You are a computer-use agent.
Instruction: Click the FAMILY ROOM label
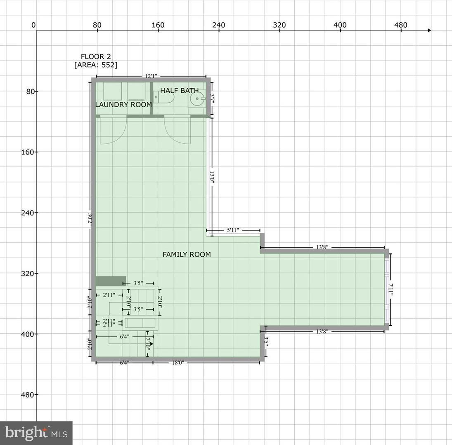187,255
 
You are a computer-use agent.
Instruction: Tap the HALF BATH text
179,91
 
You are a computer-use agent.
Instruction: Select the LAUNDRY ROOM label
123,105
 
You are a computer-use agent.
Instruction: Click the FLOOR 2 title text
96,57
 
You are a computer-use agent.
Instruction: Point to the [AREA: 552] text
96,65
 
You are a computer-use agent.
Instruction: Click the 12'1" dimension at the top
151,76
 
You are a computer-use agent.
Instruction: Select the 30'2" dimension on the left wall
90,218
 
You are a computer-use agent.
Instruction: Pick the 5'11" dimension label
233,230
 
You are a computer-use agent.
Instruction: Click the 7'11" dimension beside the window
391,288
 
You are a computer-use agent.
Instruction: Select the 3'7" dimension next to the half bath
212,99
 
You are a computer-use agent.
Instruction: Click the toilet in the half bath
166,98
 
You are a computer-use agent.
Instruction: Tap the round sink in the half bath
197,99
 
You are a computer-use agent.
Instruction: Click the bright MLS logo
36,433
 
